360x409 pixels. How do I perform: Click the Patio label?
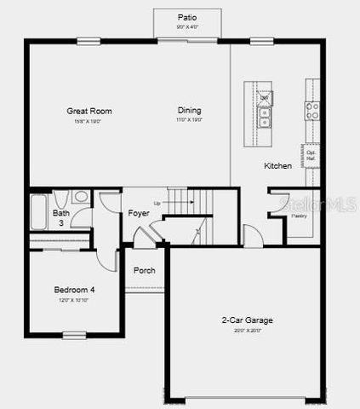coord(187,17)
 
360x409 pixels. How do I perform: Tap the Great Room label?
coord(89,111)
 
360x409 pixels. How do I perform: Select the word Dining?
coord(190,111)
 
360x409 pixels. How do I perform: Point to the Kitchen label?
coord(278,165)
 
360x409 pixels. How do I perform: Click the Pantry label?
coord(299,216)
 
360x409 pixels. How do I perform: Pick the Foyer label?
coord(139,212)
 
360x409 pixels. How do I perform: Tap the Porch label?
coord(145,271)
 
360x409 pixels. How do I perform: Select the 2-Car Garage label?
coord(248,320)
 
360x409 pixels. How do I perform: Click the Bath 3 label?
coord(61,218)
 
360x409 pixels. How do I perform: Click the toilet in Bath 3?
coord(81,198)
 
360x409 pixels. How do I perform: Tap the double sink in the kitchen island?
coord(265,118)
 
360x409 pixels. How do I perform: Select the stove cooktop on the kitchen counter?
coord(312,110)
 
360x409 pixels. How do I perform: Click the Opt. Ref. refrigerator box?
coord(312,156)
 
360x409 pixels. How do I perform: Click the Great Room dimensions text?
coord(89,121)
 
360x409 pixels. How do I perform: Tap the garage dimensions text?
coord(248,331)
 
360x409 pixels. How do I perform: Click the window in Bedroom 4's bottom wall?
coord(74,334)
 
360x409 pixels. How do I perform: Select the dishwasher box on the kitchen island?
coord(265,98)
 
